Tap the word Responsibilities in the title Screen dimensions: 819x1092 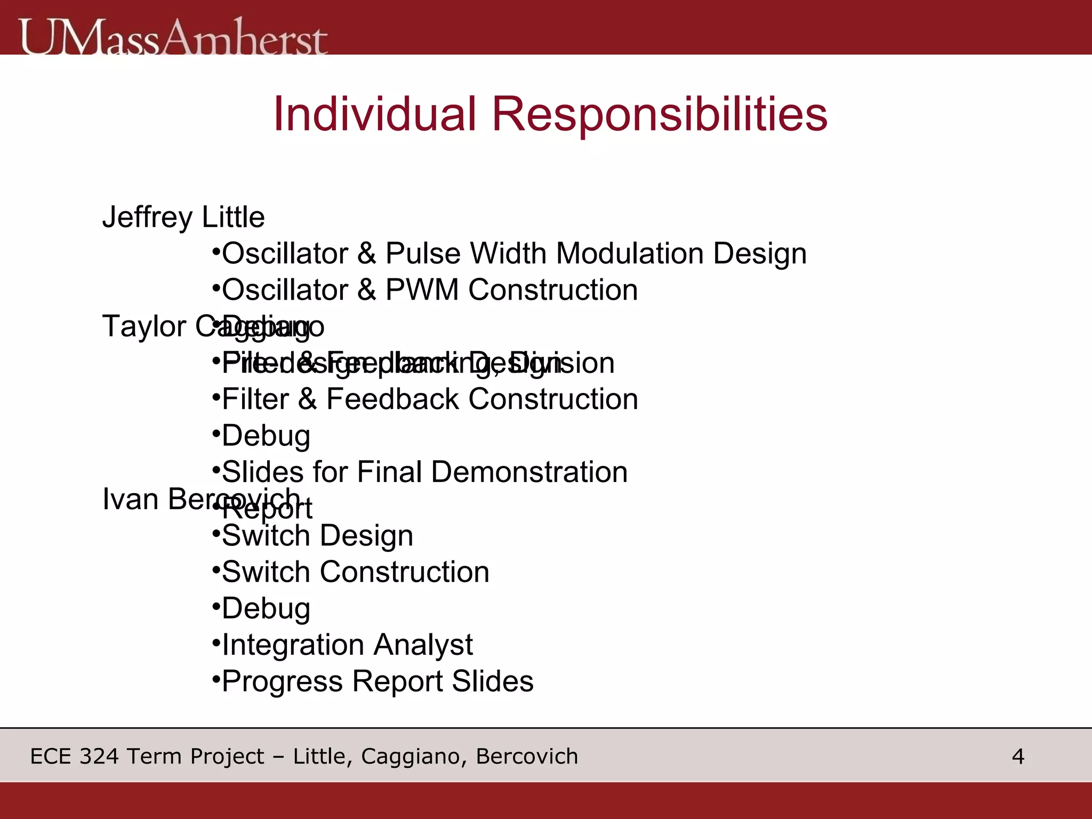point(659,115)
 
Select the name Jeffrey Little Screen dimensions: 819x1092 point(183,218)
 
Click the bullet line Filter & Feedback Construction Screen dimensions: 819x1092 point(429,399)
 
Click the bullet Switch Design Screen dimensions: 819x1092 point(317,535)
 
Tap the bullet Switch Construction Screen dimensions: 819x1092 point(355,572)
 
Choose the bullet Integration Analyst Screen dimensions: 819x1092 point(347,645)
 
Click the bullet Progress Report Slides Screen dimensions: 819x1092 point(377,681)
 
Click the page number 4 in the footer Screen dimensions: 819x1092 point(1017,757)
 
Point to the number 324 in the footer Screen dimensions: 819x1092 point(99,757)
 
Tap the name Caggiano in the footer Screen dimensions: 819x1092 point(411,757)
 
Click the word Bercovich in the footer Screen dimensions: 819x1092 point(526,757)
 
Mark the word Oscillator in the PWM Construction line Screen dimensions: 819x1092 point(285,290)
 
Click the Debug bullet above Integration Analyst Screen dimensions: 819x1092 point(266,608)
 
